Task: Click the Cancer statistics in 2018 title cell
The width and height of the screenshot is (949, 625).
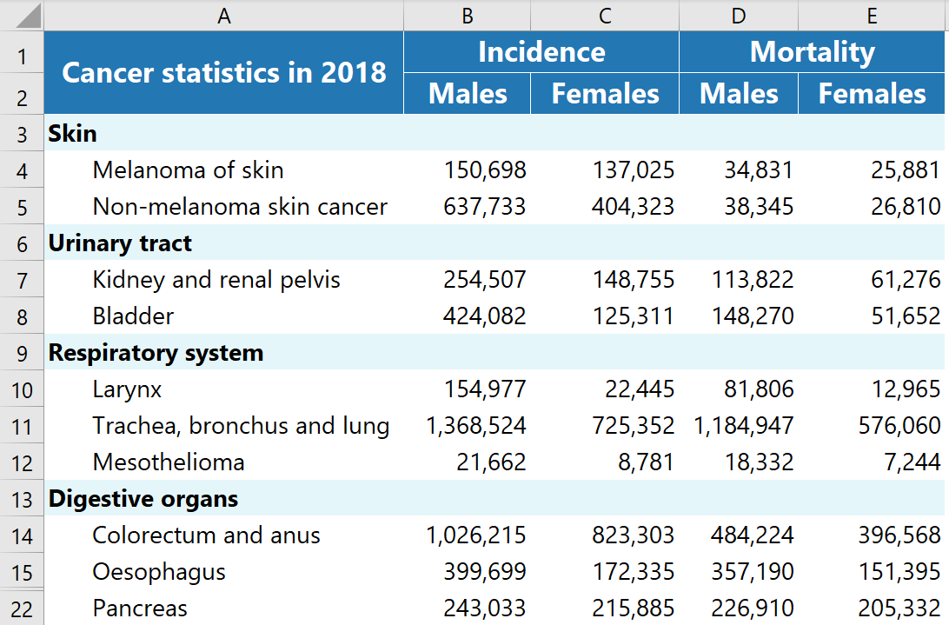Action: [224, 72]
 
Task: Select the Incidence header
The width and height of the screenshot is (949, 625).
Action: [541, 52]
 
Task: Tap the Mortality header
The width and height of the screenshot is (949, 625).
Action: [812, 52]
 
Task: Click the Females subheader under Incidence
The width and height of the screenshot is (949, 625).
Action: [605, 94]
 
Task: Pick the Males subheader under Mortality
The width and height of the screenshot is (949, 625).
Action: [739, 94]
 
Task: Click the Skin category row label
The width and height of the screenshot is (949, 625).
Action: [73, 133]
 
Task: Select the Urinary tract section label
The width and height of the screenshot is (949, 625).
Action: [120, 243]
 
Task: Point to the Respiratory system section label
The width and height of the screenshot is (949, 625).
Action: [156, 353]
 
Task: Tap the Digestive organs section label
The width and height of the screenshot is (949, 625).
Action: [143, 499]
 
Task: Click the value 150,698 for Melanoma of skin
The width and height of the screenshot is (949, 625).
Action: [485, 170]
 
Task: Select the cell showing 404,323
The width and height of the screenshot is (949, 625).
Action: [633, 207]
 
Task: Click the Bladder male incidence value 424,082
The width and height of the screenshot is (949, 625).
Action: [485, 316]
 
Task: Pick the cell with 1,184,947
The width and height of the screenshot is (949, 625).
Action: [744, 426]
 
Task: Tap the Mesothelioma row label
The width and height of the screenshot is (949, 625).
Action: [169, 462]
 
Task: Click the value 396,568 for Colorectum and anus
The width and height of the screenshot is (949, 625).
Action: [897, 535]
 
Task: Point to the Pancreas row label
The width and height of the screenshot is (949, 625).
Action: [140, 608]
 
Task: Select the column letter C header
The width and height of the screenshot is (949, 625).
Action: [605, 16]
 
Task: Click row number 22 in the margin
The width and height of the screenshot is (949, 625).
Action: [22, 609]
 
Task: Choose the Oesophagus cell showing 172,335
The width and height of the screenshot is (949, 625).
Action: [633, 572]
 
